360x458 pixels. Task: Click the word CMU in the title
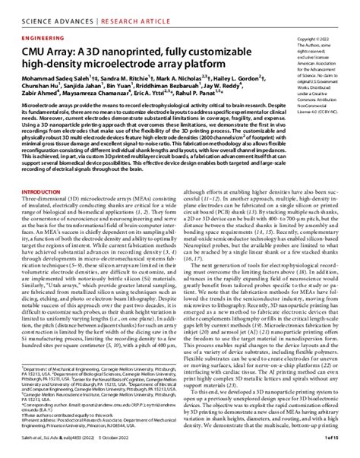[x=35, y=49]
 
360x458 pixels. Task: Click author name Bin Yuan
[x=128, y=87]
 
